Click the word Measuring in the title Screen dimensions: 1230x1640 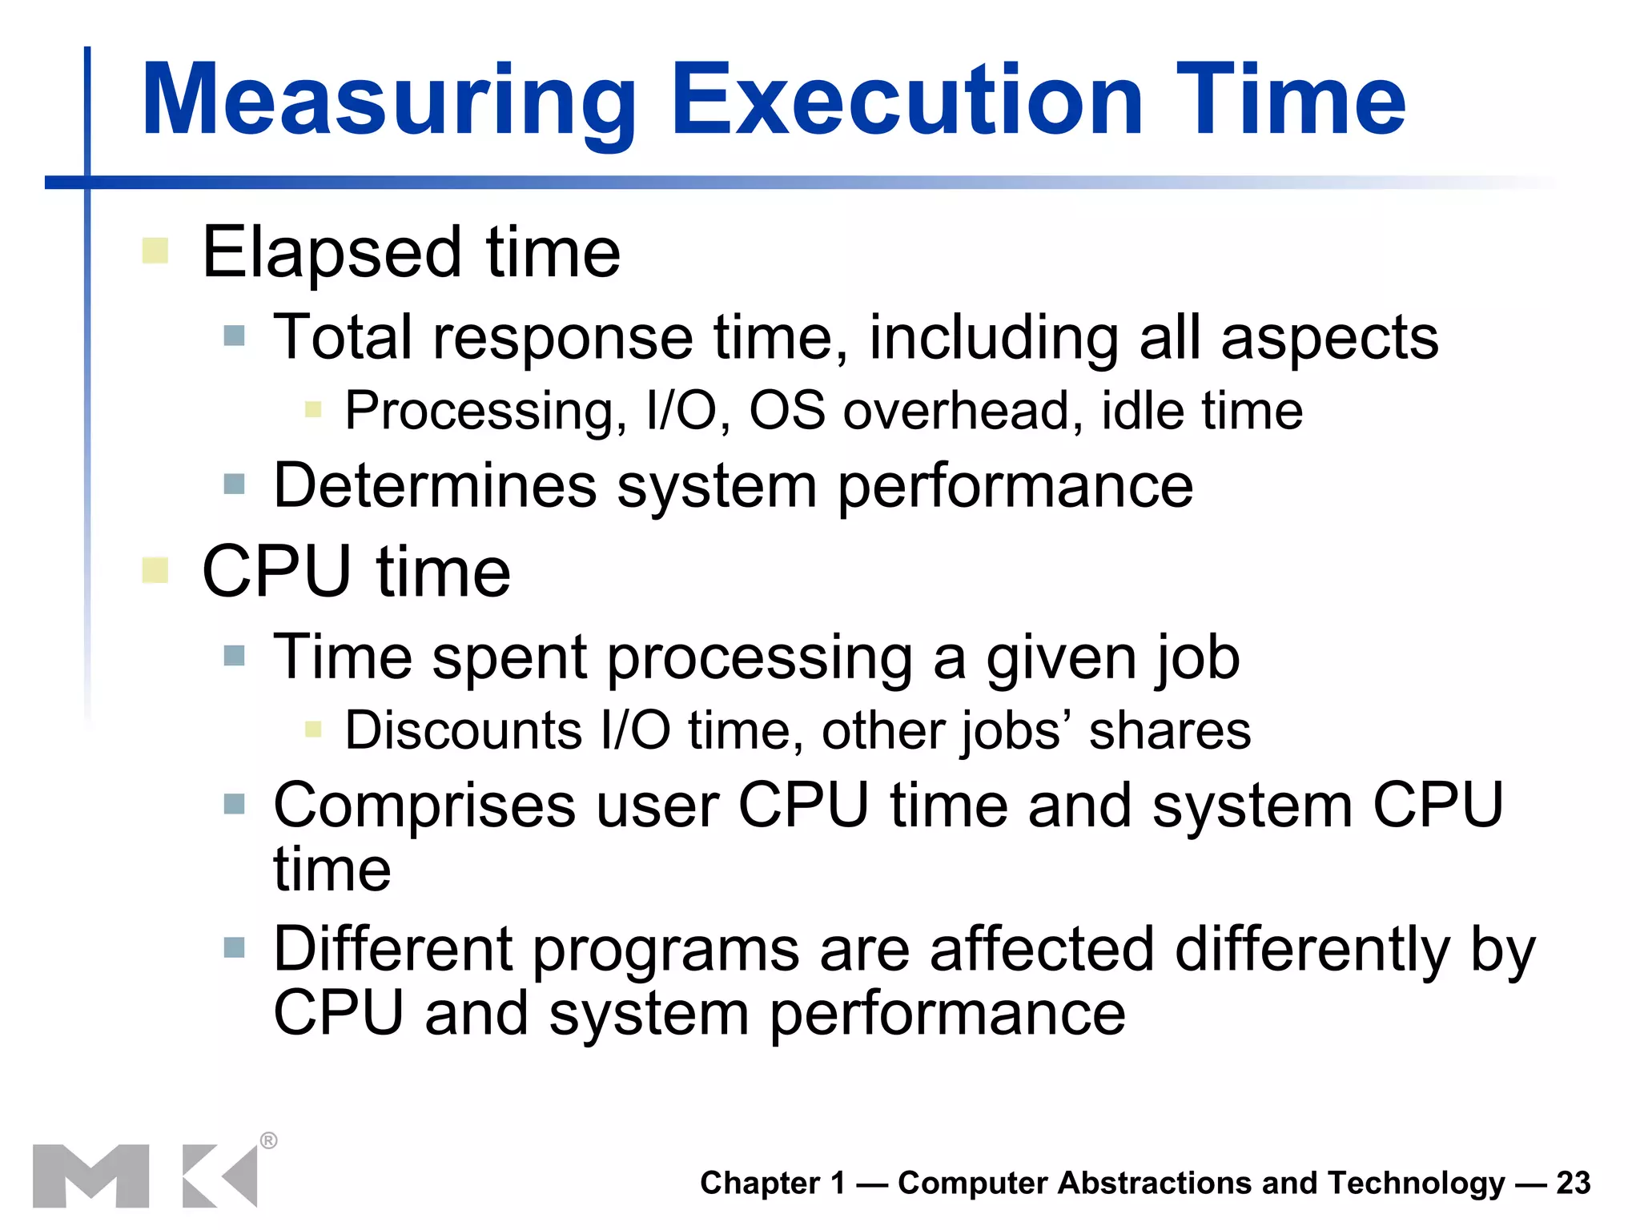388,102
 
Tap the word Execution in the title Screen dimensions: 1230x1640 906,101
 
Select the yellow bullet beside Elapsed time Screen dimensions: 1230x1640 155,251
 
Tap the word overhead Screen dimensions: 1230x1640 956,412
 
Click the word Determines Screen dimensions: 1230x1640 436,486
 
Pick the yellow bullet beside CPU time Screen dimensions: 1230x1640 155,571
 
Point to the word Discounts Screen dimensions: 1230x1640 464,731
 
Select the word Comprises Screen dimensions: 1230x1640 424,806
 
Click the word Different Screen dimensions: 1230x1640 392,950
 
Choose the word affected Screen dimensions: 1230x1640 1041,950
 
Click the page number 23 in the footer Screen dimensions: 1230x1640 1574,1183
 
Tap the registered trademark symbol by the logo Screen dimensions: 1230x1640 269,1140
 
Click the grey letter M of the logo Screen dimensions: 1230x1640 90,1176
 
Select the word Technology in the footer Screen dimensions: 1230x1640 1416,1184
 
